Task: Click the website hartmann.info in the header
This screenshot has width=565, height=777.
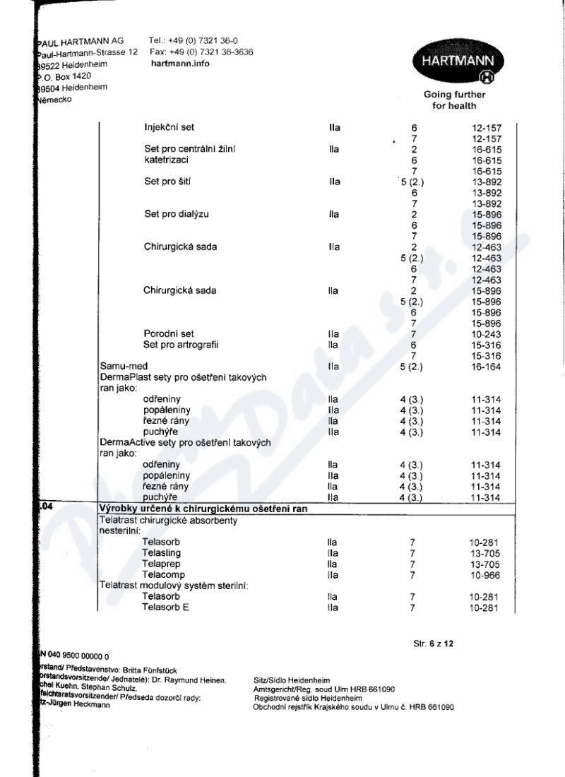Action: [x=180, y=64]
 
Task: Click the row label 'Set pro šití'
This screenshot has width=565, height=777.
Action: [x=167, y=182]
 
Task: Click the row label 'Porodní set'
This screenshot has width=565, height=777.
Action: [x=168, y=333]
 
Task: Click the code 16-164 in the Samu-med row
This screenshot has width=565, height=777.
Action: [x=486, y=367]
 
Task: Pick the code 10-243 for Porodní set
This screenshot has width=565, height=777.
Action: [x=486, y=333]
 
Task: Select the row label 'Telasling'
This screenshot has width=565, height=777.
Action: [x=162, y=553]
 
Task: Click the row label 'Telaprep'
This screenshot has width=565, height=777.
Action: [x=161, y=564]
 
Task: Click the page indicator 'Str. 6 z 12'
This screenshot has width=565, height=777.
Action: [x=433, y=645]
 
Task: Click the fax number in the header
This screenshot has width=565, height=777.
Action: [x=201, y=52]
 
